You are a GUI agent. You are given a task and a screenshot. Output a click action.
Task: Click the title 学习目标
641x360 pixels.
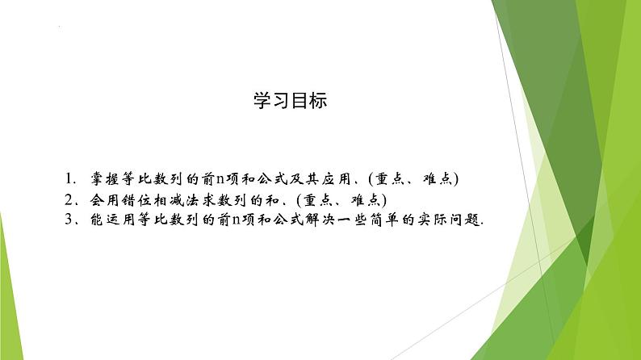[x=290, y=102]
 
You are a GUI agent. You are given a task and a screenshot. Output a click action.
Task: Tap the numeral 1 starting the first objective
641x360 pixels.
[x=70, y=178]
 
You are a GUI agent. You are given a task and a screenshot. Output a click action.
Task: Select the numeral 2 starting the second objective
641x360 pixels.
[x=69, y=199]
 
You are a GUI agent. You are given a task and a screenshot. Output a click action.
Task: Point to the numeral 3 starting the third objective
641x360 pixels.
[x=69, y=220]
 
